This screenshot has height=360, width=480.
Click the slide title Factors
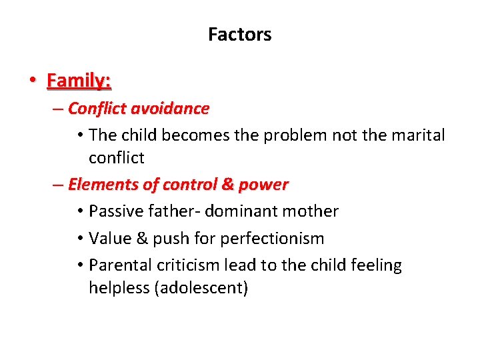coord(239,35)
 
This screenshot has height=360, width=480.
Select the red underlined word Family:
coord(79,81)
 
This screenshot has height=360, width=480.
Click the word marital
coord(418,135)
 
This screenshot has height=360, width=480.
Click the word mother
coord(313,211)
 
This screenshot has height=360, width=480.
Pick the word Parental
coord(120,265)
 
